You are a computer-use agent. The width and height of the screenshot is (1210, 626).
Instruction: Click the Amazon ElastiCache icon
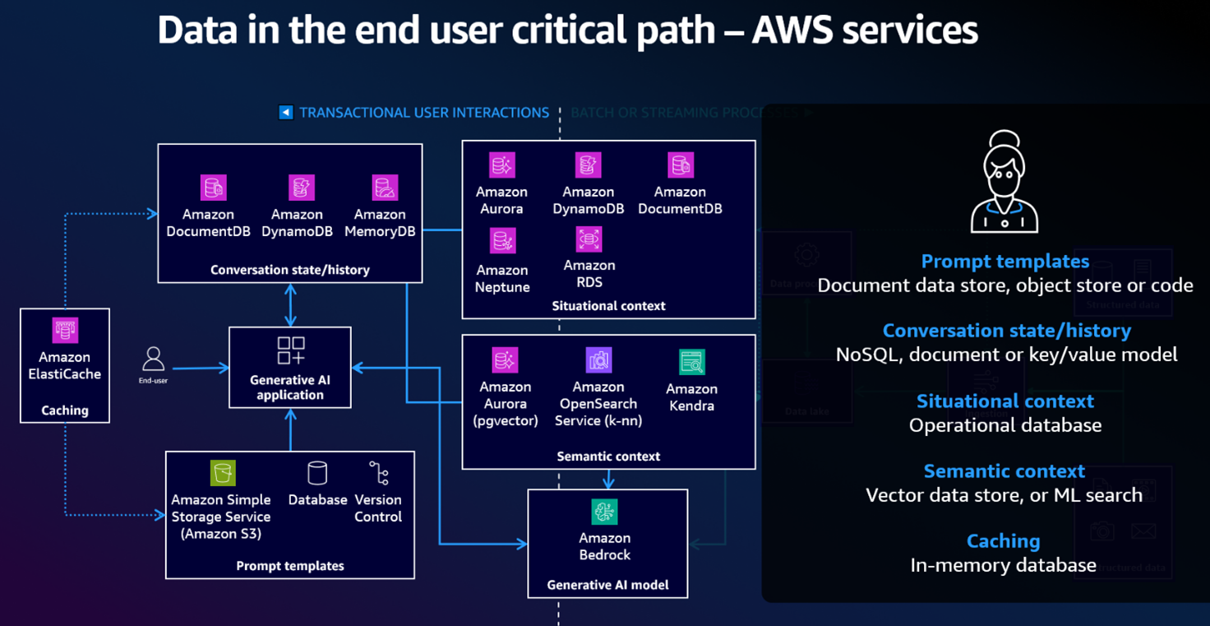coord(65,331)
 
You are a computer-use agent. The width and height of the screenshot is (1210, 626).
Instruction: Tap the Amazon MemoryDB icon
coord(385,188)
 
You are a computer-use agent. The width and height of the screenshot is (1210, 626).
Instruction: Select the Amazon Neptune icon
coord(502,242)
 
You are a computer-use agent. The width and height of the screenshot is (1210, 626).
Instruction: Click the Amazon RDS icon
coord(589,239)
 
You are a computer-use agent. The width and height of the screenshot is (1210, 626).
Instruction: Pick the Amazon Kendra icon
coord(692,362)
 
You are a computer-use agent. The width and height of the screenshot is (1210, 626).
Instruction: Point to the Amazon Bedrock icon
coord(605,512)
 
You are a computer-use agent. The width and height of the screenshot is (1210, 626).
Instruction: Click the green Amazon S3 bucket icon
coord(222,473)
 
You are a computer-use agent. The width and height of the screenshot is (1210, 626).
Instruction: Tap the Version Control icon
coord(378,473)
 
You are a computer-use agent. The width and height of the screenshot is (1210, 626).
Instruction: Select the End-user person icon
coord(153,359)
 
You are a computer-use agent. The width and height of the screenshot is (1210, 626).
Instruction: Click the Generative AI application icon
coord(291,350)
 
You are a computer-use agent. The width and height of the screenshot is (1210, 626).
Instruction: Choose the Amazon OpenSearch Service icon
coord(599,359)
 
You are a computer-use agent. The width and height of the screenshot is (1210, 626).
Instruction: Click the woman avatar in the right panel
coord(1004,183)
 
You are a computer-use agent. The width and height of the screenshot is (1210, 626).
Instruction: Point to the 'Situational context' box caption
coord(608,306)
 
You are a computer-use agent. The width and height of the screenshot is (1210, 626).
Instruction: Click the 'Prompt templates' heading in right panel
coord(1004,262)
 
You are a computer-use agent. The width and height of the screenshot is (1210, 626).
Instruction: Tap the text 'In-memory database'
coord(1003,565)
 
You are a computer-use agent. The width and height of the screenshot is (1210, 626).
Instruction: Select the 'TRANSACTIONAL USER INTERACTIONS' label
coord(424,113)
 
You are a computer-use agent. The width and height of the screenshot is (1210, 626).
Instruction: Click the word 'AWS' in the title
coord(793,30)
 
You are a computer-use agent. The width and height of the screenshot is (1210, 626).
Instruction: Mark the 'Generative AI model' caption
coord(607,586)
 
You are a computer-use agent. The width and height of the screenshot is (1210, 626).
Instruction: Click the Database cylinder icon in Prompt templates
coord(317,473)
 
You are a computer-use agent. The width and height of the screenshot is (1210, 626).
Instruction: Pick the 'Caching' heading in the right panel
coord(1003,541)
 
